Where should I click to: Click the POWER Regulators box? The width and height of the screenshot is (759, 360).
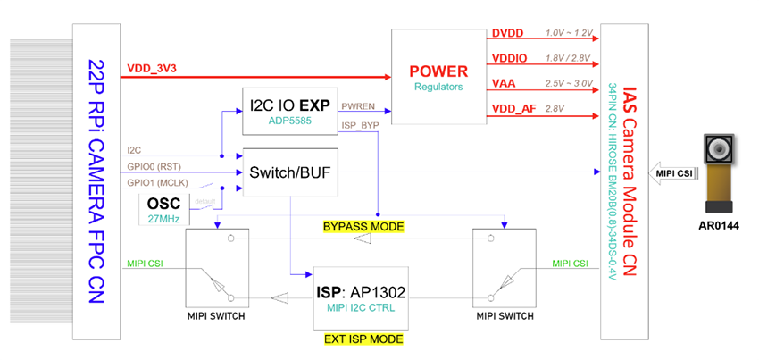(438, 76)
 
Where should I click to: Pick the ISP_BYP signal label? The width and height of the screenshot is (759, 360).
(358, 125)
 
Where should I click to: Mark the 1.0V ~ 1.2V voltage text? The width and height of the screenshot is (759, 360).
(568, 33)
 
